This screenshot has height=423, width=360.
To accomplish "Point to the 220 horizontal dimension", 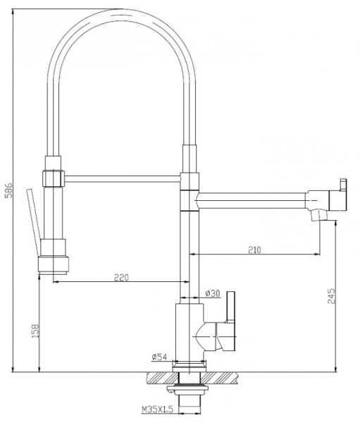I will (x=121, y=277).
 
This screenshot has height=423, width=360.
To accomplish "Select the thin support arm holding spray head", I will (x=123, y=179).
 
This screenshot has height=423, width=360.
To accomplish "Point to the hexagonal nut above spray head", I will (x=54, y=177).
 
